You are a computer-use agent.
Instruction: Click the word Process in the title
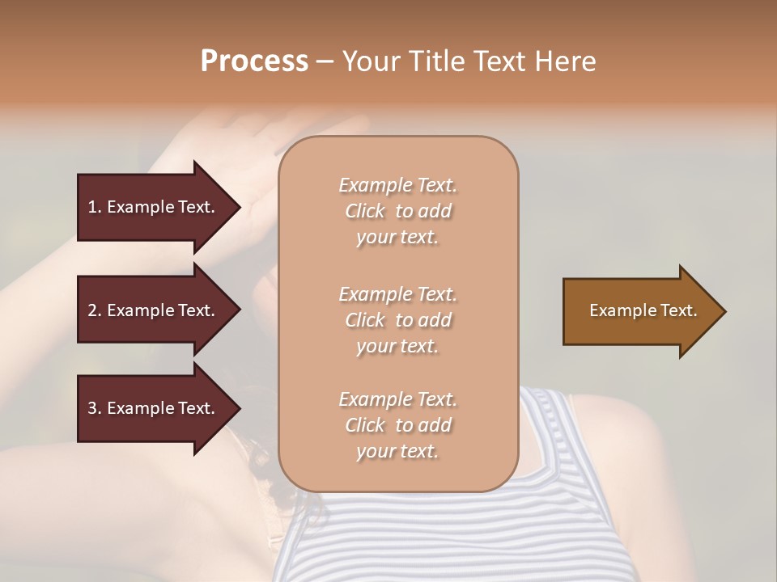[x=254, y=61]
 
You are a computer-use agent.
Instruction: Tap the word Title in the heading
[x=436, y=61]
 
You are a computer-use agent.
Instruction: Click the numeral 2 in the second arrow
[x=92, y=310]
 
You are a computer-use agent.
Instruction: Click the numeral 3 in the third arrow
[x=92, y=408]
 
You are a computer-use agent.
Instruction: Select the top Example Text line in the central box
[x=397, y=185]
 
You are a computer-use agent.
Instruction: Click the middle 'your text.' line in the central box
[x=397, y=346]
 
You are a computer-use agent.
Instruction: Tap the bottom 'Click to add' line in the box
[x=397, y=425]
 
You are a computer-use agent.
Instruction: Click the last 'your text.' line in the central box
[x=397, y=451]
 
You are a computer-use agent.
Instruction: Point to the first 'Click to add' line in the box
[x=397, y=211]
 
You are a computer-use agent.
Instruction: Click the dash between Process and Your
[x=325, y=62]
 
